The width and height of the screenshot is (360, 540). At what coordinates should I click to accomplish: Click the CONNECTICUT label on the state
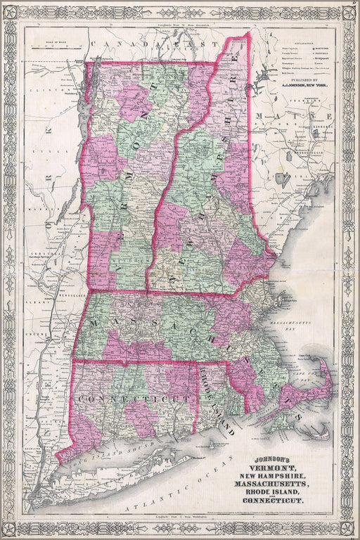[x=134, y=399]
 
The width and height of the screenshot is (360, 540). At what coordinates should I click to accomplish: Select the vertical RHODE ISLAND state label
[x=215, y=401]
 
